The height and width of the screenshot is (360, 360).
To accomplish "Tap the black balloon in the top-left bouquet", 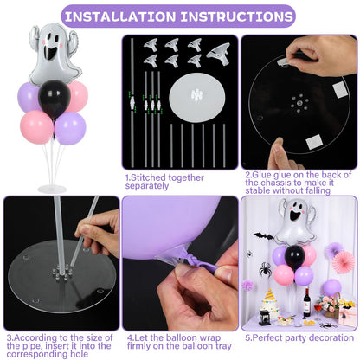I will [x=53, y=100].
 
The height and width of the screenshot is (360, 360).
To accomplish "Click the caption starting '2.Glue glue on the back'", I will [x=299, y=182].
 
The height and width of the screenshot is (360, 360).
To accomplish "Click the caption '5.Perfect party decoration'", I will [x=299, y=338].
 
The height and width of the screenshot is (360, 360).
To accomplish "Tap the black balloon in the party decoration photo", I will [x=295, y=256].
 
